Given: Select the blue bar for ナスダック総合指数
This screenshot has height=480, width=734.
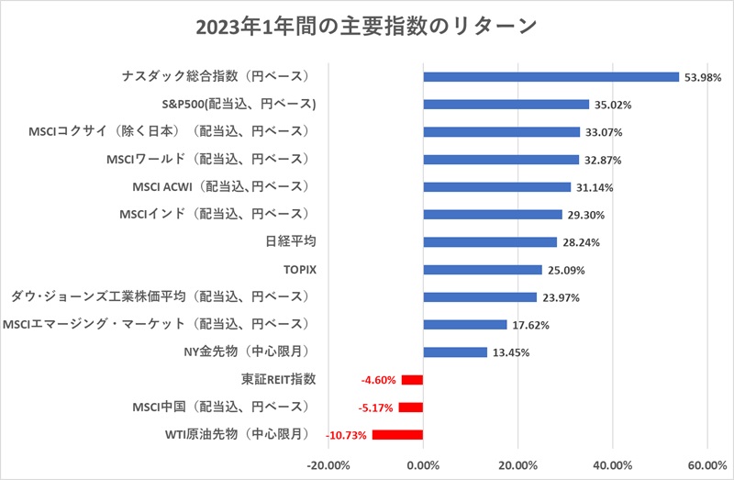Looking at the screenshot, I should (x=550, y=77).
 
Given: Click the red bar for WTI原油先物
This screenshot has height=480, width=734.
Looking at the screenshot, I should (x=397, y=434).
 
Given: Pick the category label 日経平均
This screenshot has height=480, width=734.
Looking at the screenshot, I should (x=289, y=241).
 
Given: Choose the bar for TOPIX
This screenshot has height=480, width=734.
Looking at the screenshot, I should (x=483, y=269).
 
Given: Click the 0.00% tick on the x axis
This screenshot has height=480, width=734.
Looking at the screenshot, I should (x=423, y=463).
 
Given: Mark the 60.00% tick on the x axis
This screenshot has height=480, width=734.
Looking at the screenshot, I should (x=706, y=463).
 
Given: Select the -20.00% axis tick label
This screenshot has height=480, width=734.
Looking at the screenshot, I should (x=328, y=463).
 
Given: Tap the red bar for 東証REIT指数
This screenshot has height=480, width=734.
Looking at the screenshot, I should (x=412, y=379).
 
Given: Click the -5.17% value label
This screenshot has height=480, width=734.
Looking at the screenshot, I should (x=374, y=407).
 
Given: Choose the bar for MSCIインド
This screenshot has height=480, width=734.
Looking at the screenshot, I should (x=493, y=214).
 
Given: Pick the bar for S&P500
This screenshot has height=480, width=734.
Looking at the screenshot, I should (x=506, y=105).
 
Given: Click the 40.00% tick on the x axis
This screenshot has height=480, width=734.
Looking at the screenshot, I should (x=612, y=463).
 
